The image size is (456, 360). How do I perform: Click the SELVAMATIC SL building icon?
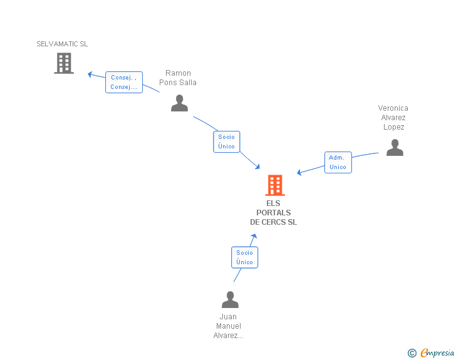pos(64,63)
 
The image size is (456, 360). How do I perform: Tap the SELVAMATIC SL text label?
pos(62,44)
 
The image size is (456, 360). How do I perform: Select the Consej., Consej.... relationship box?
pos(124,82)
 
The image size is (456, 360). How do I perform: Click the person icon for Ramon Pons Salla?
pos(179,103)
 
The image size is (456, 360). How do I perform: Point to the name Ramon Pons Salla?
pos(178,78)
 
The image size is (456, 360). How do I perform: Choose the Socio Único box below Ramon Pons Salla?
pos(226,141)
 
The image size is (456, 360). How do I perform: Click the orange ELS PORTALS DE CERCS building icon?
pos(274,186)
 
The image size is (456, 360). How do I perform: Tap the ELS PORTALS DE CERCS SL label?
pos(274,213)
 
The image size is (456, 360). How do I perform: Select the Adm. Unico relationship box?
pos(338,162)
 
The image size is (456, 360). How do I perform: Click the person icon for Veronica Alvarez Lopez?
pos(395,148)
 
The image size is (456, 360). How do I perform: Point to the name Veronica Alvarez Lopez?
pos(393,118)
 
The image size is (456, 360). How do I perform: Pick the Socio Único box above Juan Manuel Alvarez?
pos(244,257)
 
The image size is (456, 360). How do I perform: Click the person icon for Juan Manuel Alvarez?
pos(230,300)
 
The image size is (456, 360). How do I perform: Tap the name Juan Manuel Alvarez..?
pos(229,326)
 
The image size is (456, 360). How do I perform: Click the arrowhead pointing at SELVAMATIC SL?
pos(90,74)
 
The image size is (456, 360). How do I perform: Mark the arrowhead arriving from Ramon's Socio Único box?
pos(257,166)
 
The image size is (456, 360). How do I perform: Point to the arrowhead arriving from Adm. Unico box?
pos(299,173)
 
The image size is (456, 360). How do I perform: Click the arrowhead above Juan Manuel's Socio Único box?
pos(254,237)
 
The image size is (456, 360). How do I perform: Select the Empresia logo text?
pos(437,353)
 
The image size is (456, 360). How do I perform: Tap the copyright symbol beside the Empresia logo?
pos(412,353)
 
